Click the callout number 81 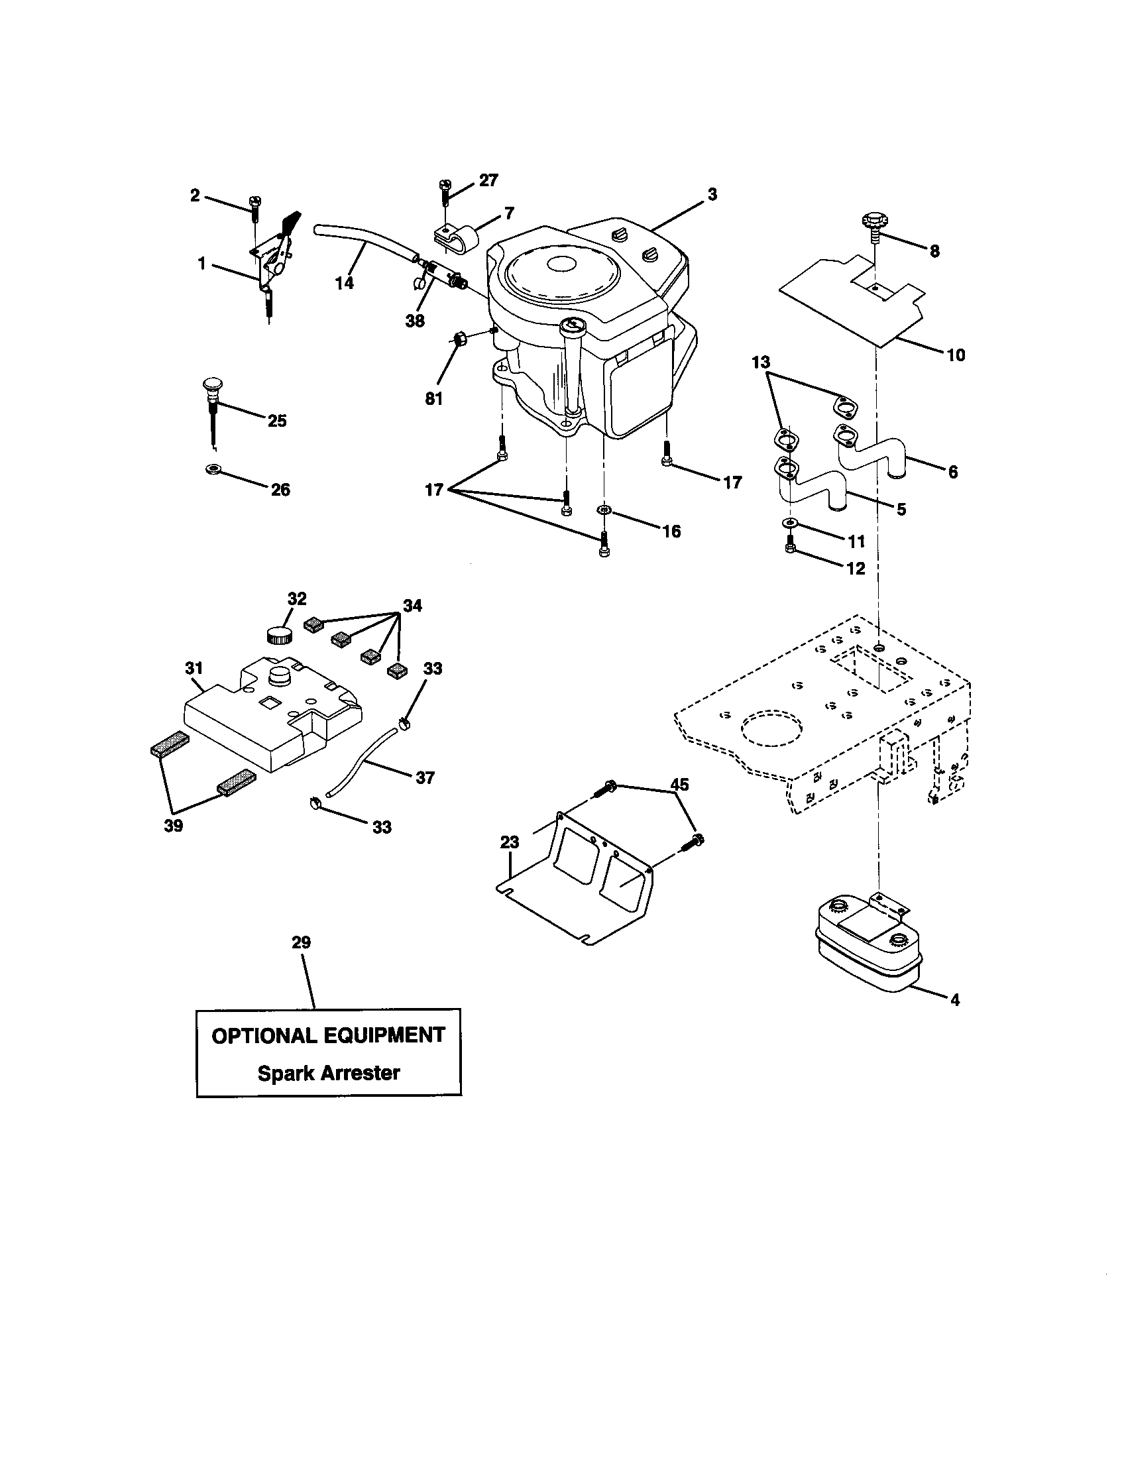pyautogui.click(x=434, y=398)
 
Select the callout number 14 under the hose pyautogui.click(x=345, y=283)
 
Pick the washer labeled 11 pyautogui.click(x=789, y=522)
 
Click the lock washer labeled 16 pyautogui.click(x=604, y=511)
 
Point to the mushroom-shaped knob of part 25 pyautogui.click(x=211, y=385)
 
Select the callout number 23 pyautogui.click(x=509, y=842)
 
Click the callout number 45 pyautogui.click(x=679, y=785)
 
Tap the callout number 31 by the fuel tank pyautogui.click(x=194, y=667)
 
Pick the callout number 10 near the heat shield pyautogui.click(x=956, y=355)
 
